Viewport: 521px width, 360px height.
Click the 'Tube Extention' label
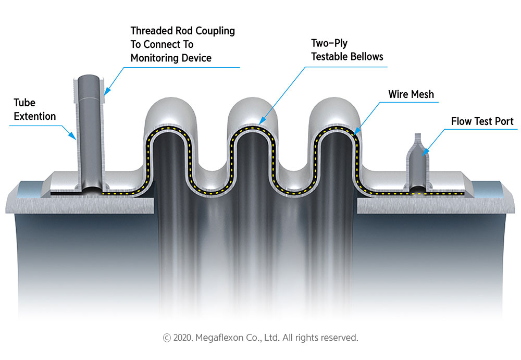34,109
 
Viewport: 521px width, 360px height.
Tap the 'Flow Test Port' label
482,122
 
